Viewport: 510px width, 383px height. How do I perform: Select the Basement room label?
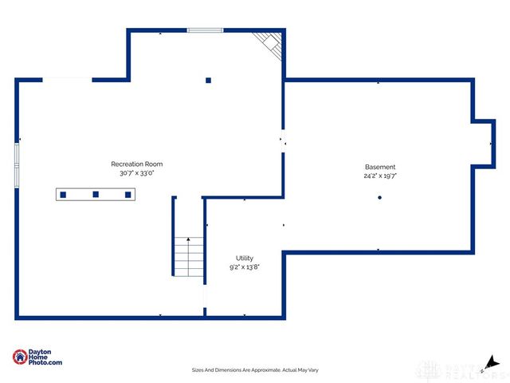coord(379,167)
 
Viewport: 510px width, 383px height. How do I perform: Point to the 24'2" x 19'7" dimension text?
coord(379,176)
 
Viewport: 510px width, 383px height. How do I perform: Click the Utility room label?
coord(244,258)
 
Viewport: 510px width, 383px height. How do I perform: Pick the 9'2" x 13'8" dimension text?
coord(244,267)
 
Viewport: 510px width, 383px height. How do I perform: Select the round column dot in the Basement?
coord(380,198)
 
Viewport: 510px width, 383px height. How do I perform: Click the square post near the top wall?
coord(209,80)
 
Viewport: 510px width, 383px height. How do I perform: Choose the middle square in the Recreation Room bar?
coord(96,194)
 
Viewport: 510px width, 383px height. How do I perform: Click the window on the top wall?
coord(204,31)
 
